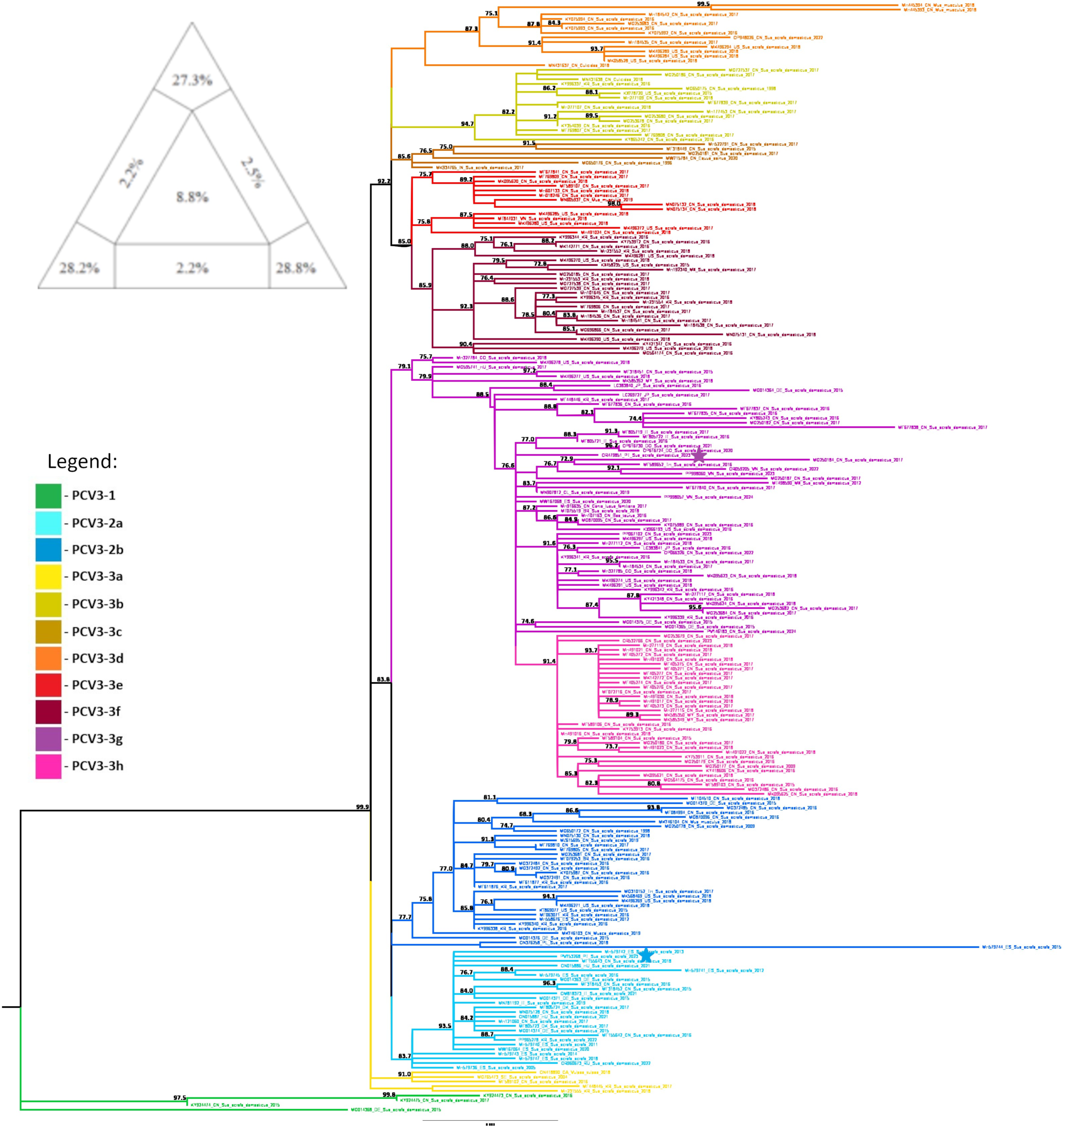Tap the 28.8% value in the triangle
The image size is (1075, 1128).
point(296,268)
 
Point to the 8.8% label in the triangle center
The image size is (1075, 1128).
point(192,197)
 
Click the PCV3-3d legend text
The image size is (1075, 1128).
point(97,658)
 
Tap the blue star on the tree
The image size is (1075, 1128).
point(646,955)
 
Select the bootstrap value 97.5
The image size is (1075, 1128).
point(180,1098)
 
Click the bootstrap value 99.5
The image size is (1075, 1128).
point(703,4)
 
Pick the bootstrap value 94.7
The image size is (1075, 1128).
point(467,124)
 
